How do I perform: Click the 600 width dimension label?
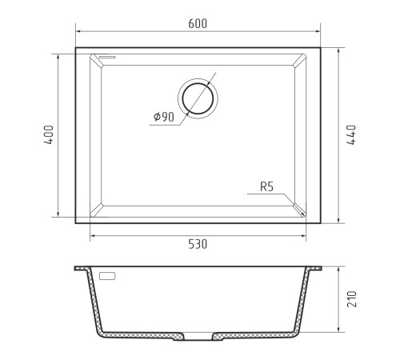(198, 23)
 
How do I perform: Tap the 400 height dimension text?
(49, 135)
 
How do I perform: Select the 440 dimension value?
(351, 135)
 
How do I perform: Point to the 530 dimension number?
(198, 244)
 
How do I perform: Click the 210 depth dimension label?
(352, 299)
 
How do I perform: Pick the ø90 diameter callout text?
(164, 117)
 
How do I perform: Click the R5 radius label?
(266, 187)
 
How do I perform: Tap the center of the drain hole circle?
(198, 98)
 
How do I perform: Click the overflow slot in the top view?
(107, 57)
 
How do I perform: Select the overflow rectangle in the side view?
(107, 276)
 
